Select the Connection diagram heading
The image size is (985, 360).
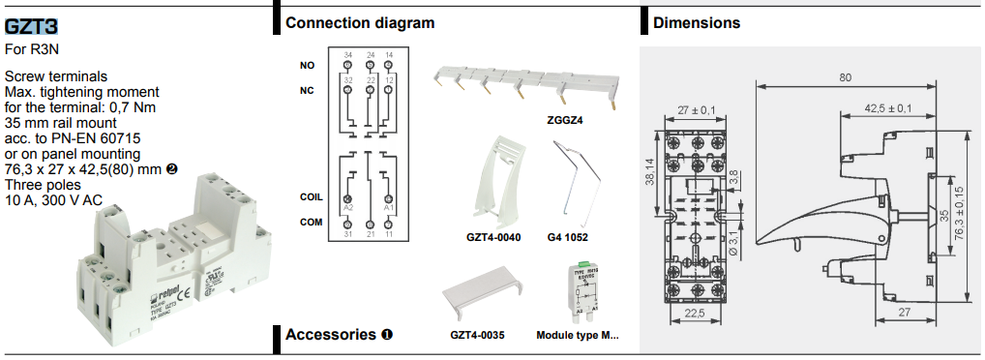click(359, 22)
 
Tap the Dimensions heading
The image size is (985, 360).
click(697, 22)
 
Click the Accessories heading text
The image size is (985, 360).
click(331, 335)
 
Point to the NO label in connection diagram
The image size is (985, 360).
click(307, 66)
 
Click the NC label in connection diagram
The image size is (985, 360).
click(307, 91)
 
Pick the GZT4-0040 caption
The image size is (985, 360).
click(493, 237)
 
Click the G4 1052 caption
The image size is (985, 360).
click(567, 237)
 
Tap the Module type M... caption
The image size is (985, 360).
click(577, 336)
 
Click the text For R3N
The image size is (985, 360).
click(26, 48)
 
